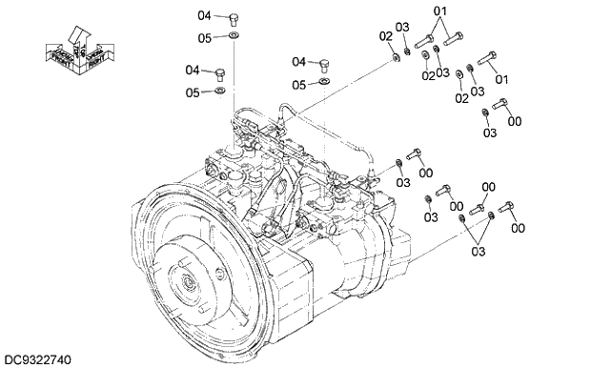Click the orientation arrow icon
79,46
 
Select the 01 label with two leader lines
440,11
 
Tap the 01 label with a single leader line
501,78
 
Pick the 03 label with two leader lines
478,251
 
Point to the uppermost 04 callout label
205,15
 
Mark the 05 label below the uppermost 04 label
205,38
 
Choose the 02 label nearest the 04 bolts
386,36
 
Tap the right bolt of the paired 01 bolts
453,39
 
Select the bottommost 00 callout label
518,227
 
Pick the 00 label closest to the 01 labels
515,121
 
